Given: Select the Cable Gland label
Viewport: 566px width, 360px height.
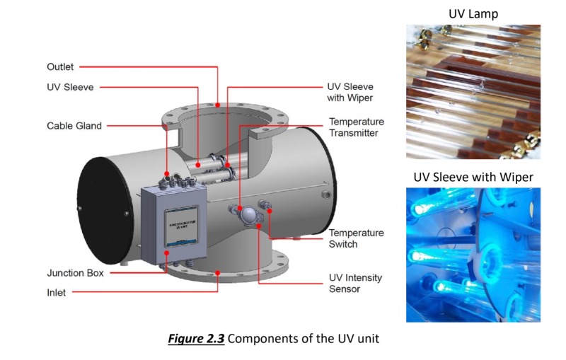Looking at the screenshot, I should pyautogui.click(x=74, y=126).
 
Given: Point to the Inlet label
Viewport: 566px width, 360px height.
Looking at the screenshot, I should pyautogui.click(x=56, y=292).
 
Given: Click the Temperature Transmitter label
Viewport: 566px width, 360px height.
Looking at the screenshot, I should pyautogui.click(x=357, y=127).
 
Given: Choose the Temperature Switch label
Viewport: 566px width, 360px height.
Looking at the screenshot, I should pyautogui.click(x=357, y=238).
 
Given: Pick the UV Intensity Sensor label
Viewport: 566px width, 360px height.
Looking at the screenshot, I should pyautogui.click(x=355, y=283).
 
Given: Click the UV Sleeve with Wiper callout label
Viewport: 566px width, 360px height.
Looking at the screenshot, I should pyautogui.click(x=350, y=92).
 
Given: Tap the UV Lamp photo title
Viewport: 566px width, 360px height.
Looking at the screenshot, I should pyautogui.click(x=473, y=13).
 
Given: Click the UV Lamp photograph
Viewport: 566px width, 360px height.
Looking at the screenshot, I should pyautogui.click(x=473, y=92).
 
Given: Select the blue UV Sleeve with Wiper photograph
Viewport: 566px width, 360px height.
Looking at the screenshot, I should pyautogui.click(x=473, y=255).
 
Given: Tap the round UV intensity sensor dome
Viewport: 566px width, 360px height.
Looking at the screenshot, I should pyautogui.click(x=247, y=215).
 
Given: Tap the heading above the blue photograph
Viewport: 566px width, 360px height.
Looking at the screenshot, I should pyautogui.click(x=473, y=176).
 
